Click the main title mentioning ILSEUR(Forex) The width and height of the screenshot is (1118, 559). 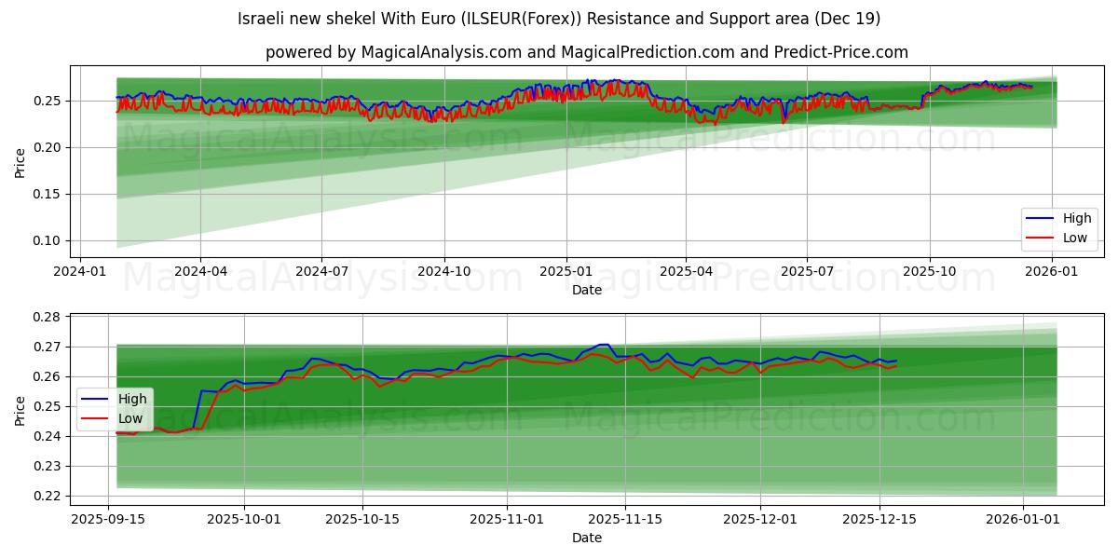559,19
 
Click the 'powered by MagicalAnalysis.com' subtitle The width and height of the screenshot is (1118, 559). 587,52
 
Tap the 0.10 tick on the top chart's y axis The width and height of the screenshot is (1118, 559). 48,240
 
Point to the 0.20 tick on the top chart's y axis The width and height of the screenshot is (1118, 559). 48,147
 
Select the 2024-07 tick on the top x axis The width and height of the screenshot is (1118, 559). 321,271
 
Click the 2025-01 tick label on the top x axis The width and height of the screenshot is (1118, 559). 566,271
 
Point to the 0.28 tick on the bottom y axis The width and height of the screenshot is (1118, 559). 48,317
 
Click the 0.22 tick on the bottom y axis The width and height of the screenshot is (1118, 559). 48,496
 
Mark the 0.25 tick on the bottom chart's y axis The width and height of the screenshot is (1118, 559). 48,406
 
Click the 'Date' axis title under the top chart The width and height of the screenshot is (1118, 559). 587,290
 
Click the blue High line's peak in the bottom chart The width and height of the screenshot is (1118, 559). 604,345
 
